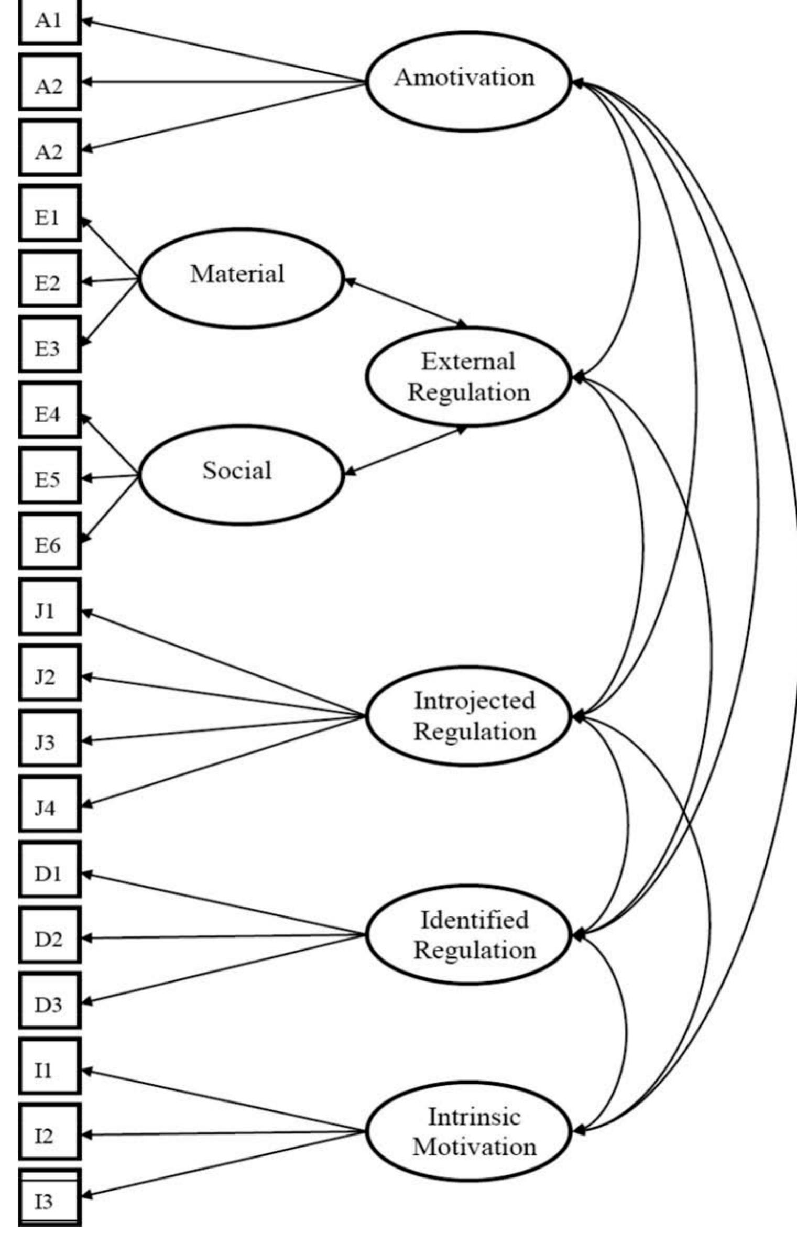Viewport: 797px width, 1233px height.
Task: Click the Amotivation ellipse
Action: tap(466, 81)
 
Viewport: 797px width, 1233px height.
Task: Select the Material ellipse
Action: tap(241, 278)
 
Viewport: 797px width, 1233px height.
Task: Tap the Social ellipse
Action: tap(241, 475)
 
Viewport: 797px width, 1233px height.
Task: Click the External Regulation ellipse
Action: tap(468, 377)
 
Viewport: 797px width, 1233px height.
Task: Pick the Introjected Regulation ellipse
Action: tap(468, 716)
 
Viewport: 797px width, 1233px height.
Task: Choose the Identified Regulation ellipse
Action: tap(468, 935)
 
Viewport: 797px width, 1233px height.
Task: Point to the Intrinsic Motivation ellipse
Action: tap(468, 1131)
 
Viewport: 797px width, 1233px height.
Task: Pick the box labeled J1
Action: tap(50, 611)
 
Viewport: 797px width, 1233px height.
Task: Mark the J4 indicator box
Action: tap(50, 808)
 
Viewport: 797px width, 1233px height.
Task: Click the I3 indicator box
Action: tap(50, 1200)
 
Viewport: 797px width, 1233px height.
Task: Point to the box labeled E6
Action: tap(50, 545)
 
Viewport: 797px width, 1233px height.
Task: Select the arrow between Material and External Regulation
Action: tap(405, 303)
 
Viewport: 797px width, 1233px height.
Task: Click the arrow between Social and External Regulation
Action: tap(405, 452)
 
